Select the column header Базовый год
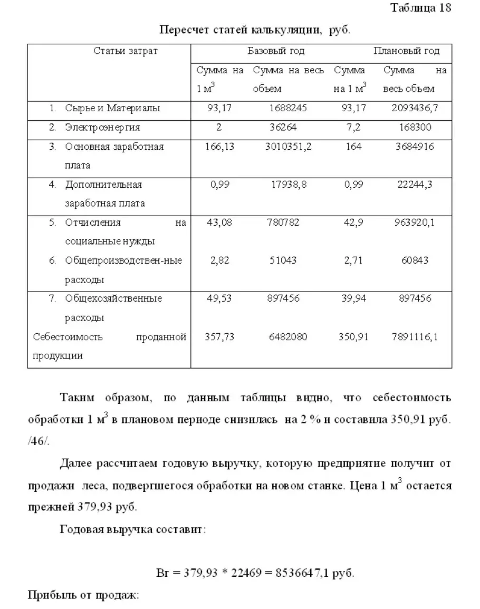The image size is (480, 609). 276,51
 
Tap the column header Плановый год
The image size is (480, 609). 406,51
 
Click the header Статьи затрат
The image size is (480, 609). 126,51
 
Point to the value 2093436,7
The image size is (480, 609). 415,109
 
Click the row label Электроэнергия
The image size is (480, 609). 102,128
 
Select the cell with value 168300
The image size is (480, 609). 415,128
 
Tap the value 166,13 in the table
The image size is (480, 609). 219,147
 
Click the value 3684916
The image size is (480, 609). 415,147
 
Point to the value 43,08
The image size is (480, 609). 219,223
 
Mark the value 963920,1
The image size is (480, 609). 415,223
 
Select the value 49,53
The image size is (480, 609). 219,298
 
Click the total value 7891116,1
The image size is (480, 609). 415,337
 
